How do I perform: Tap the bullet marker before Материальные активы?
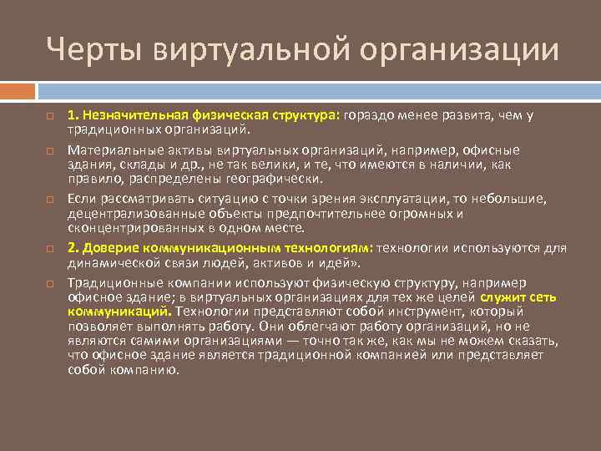pyautogui.click(x=50, y=150)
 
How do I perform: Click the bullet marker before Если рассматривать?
pyautogui.click(x=50, y=199)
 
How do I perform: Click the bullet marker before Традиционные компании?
pyautogui.click(x=50, y=283)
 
